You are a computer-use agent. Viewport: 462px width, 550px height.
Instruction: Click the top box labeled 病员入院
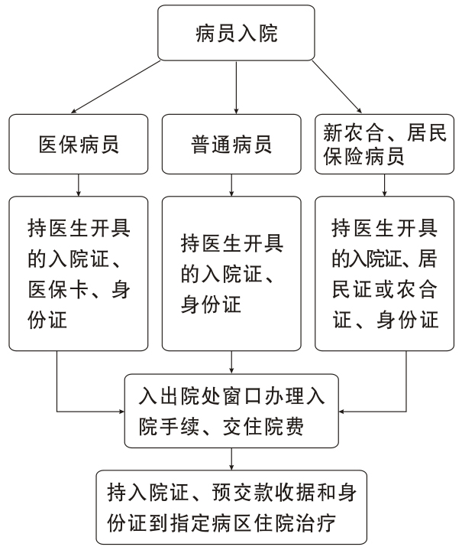pyautogui.click(x=236, y=33)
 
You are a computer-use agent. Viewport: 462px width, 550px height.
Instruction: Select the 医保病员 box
pyautogui.click(x=79, y=144)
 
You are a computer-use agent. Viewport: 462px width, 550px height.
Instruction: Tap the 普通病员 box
pyautogui.click(x=231, y=144)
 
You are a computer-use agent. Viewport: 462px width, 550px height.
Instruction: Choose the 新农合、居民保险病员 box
pyautogui.click(x=384, y=144)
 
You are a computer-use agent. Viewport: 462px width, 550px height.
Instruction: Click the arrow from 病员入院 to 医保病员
pyautogui.click(x=115, y=87)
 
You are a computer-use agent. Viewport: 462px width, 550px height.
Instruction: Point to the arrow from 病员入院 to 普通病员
pyautogui.click(x=236, y=87)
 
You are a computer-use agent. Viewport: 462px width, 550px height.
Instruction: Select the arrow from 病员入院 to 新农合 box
pyautogui.click(x=337, y=86)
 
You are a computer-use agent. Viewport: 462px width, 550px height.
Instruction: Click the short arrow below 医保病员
pyautogui.click(x=79, y=185)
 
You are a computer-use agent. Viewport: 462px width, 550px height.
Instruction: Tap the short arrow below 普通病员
pyautogui.click(x=231, y=185)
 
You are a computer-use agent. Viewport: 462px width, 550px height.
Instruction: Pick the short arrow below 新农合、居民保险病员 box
pyautogui.click(x=384, y=185)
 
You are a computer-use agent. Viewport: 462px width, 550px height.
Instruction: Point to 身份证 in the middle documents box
pyautogui.click(x=211, y=304)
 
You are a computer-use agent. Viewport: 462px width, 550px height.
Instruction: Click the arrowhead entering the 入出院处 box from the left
pyautogui.click(x=122, y=411)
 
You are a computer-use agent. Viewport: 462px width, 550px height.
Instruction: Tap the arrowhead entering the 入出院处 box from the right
pyautogui.click(x=341, y=411)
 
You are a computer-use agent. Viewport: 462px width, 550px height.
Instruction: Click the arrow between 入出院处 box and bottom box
pyautogui.click(x=231, y=459)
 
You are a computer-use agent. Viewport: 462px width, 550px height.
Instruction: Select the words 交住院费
pyautogui.click(x=263, y=427)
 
